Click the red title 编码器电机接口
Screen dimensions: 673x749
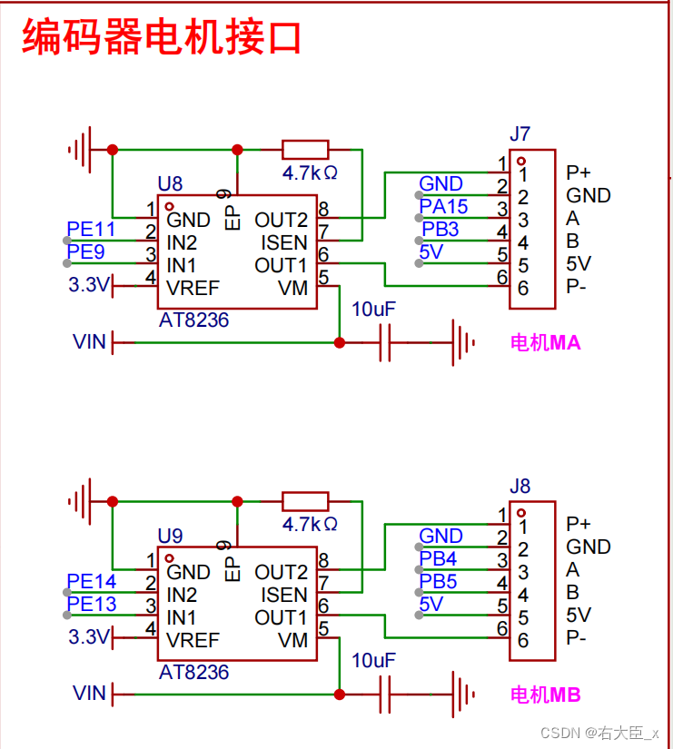[x=162, y=37]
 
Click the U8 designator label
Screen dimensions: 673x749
[x=170, y=183]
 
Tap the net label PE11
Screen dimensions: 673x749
[x=91, y=229]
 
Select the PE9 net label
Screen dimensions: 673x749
[x=85, y=251]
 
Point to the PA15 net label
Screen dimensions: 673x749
[x=443, y=206]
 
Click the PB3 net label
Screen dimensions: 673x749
[x=440, y=230]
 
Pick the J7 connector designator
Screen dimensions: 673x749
[x=520, y=133]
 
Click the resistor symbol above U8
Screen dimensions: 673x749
[x=305, y=150]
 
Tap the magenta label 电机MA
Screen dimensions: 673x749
[x=545, y=342]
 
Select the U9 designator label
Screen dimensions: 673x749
[x=170, y=536]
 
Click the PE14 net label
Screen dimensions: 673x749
[x=92, y=581]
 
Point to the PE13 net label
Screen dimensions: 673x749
[x=92, y=604]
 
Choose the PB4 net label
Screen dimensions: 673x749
[x=438, y=558]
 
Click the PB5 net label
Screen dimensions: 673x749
[x=438, y=581]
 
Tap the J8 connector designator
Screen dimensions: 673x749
[x=520, y=486]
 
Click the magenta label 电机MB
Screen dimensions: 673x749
[x=545, y=695]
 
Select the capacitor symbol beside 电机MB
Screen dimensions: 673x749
[x=385, y=695]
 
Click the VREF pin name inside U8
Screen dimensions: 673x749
[x=193, y=288]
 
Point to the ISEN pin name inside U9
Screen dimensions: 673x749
[x=284, y=595]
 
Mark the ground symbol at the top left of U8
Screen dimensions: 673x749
[x=80, y=150]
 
